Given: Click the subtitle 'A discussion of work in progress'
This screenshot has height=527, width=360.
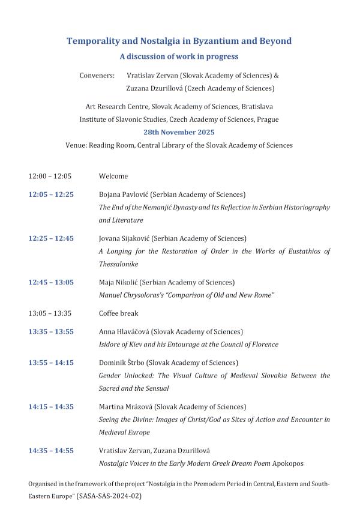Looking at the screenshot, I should (x=179, y=57).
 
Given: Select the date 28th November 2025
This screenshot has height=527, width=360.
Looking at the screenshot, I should (x=179, y=132).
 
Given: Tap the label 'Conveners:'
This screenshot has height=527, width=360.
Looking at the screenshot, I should (x=97, y=76).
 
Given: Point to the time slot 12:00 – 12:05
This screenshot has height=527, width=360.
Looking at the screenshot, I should (x=50, y=176).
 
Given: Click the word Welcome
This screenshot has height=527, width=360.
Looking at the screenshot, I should (x=113, y=176).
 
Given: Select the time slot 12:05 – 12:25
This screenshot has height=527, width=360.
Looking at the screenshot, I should (x=51, y=194).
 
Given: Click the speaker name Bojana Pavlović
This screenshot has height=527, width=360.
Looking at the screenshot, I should (x=123, y=194).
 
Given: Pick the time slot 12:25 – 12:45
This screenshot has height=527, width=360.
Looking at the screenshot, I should (x=51, y=238).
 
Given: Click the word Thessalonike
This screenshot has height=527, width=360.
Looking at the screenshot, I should (x=119, y=264).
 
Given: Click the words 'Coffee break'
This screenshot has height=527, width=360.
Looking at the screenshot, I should (x=118, y=313).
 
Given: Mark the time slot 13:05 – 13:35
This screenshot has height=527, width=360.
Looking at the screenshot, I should (x=50, y=313).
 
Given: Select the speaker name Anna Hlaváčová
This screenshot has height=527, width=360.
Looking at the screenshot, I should (x=124, y=331).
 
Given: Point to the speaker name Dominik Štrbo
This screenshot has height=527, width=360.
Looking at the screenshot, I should (x=122, y=363).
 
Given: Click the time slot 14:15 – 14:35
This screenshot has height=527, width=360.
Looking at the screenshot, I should (x=51, y=406).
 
